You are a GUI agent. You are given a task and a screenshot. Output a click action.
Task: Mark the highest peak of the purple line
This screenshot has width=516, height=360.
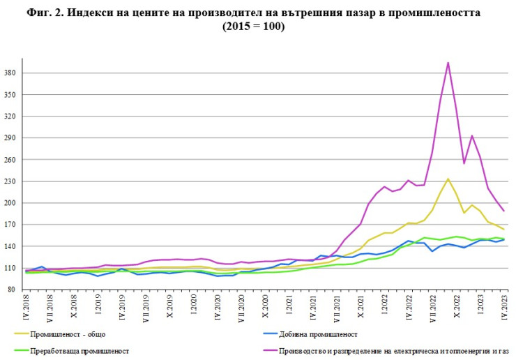pos(448,63)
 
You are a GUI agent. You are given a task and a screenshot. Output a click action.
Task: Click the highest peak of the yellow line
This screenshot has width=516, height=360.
pos(448,179)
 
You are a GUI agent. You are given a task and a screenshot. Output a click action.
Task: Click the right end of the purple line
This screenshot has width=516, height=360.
pos(503,211)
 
